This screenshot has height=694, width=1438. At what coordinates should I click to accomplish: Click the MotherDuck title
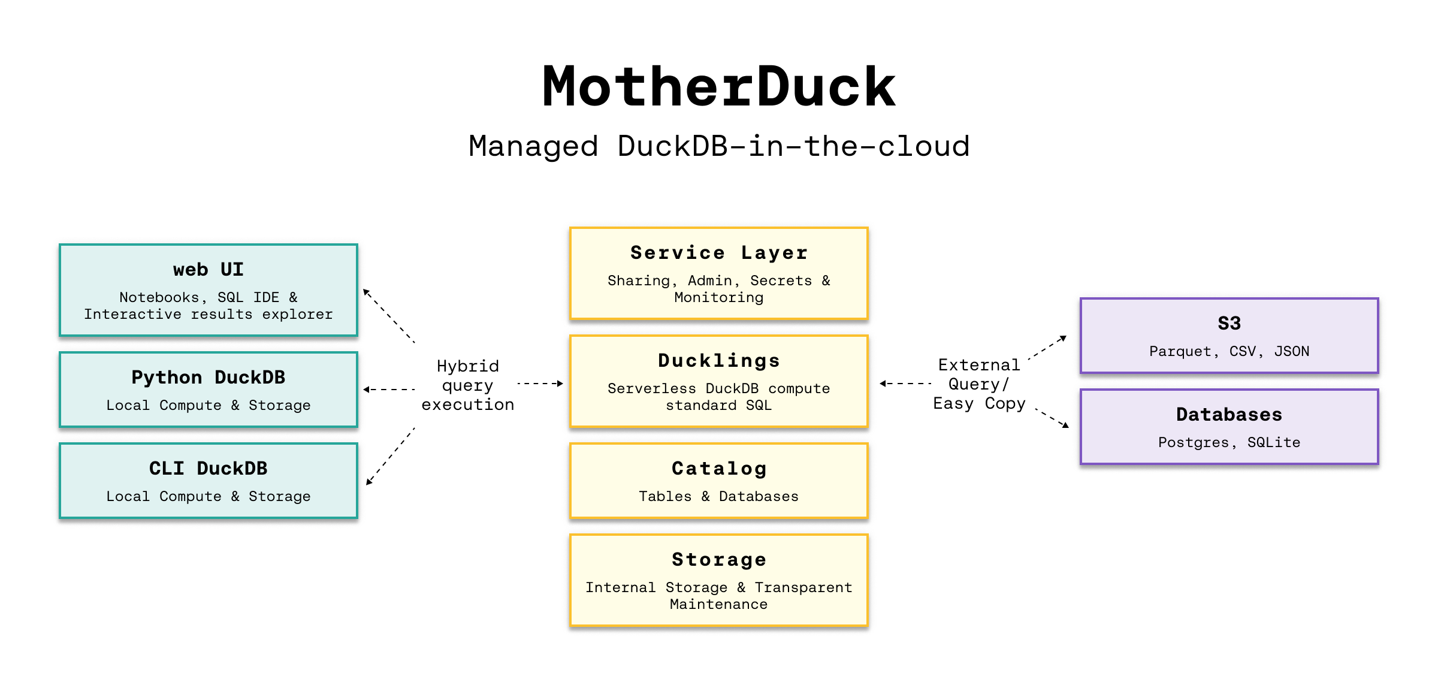click(x=718, y=87)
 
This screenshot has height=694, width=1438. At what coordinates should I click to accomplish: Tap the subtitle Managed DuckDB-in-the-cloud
click(x=718, y=146)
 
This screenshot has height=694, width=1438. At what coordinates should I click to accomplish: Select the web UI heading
click(x=208, y=270)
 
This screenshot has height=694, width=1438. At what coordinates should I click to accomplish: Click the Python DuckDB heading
click(x=208, y=378)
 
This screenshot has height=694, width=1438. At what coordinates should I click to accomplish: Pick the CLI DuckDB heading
click(x=208, y=469)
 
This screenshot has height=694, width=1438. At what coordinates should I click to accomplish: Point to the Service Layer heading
click(x=718, y=253)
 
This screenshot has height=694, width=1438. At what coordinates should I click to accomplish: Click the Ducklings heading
click(x=718, y=361)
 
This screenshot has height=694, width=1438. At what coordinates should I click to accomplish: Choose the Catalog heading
click(x=718, y=469)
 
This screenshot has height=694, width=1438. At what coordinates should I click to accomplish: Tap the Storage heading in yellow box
click(x=718, y=560)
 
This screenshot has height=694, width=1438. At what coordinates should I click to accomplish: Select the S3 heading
click(x=1229, y=324)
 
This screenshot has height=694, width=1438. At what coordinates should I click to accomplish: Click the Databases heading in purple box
click(x=1229, y=415)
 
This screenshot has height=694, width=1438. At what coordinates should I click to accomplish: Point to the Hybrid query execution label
click(x=467, y=385)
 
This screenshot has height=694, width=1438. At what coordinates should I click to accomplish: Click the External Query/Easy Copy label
click(x=979, y=384)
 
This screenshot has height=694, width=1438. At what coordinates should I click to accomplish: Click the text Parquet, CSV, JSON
click(x=1229, y=351)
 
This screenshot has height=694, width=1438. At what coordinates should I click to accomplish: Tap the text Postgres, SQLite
click(x=1229, y=442)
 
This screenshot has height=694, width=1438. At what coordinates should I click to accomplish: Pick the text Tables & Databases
click(x=718, y=496)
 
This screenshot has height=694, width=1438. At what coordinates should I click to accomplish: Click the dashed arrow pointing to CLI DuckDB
click(x=390, y=456)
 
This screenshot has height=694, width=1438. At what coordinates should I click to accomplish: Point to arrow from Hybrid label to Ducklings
click(x=539, y=383)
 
